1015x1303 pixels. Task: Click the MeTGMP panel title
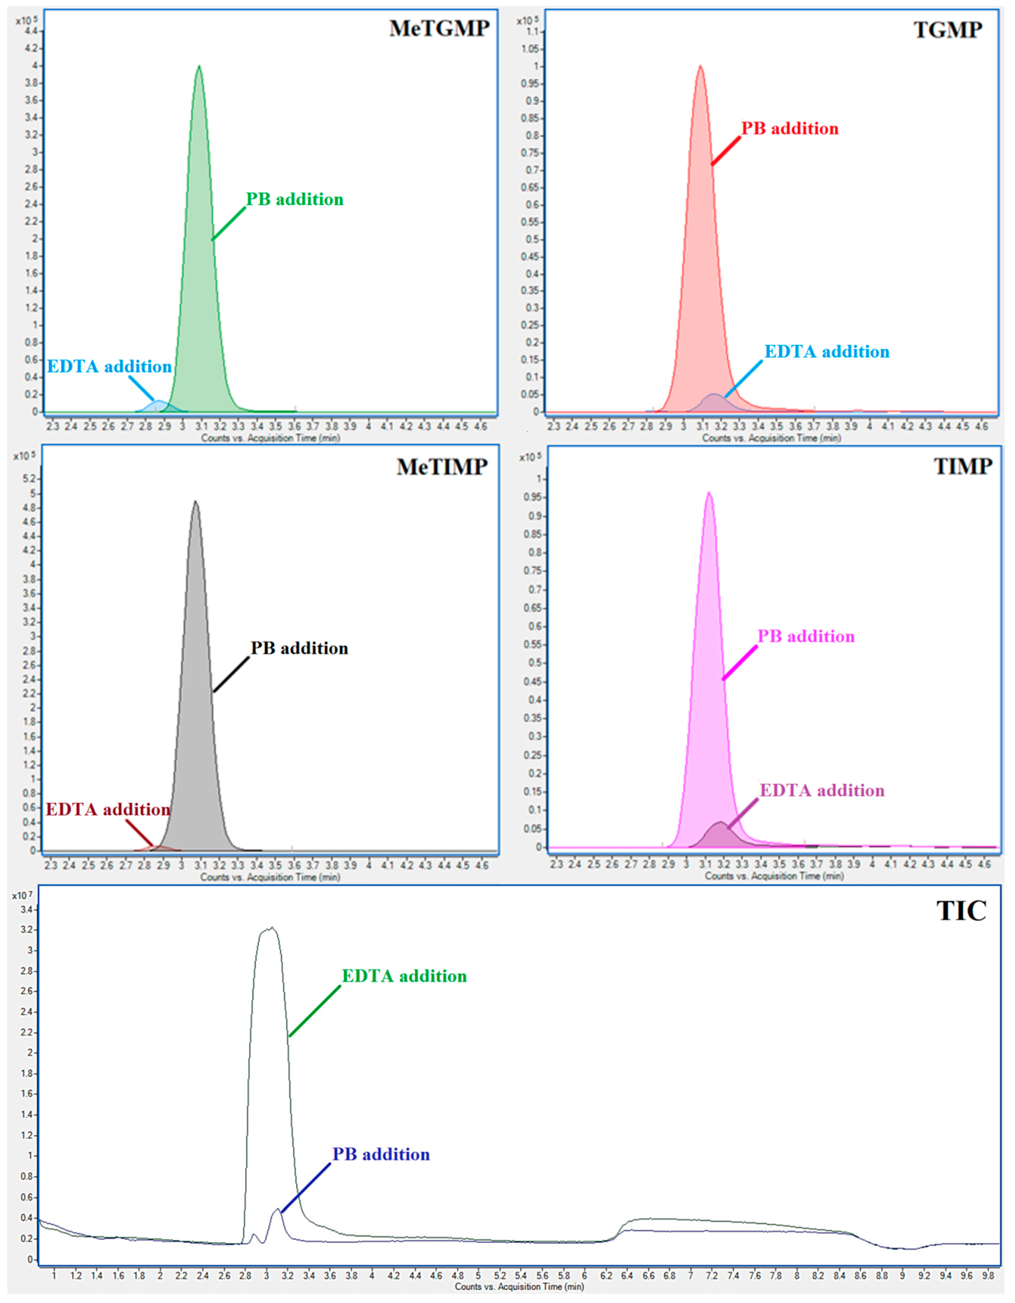(439, 29)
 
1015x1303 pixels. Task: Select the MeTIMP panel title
(442, 467)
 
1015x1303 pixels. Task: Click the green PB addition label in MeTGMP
(295, 199)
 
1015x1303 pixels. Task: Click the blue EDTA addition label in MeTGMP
(109, 366)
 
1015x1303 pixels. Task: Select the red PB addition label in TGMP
(789, 129)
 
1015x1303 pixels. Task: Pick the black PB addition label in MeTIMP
(299, 649)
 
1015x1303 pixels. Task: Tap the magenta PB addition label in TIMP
(806, 637)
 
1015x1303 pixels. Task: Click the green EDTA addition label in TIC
(404, 976)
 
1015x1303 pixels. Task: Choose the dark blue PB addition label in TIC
(381, 1155)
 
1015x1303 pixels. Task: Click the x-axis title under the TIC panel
(519, 1286)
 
